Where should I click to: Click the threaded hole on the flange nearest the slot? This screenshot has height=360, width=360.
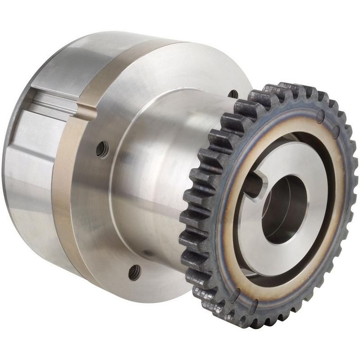coord(103,149)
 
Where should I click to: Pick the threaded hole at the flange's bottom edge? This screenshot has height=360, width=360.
coord(134,271)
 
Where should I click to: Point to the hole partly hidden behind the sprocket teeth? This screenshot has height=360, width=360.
coord(233,94)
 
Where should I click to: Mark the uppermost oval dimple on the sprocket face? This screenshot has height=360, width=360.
coord(320,118)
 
